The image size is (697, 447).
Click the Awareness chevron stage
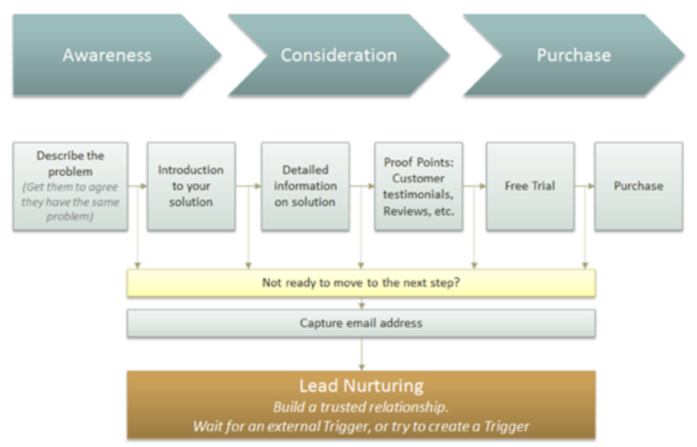tap(106, 55)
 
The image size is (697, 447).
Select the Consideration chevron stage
tap(338, 55)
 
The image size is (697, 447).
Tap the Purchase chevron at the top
tap(573, 55)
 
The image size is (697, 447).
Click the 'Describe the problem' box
tap(70, 186)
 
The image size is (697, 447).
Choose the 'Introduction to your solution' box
tap(191, 186)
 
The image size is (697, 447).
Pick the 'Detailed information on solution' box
tap(305, 186)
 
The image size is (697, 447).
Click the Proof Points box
tap(418, 186)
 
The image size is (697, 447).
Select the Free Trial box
tap(529, 186)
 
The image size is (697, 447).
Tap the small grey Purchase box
tap(638, 186)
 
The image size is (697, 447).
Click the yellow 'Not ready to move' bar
tap(361, 283)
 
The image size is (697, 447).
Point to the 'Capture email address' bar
tap(361, 323)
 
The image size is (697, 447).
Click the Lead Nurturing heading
tap(361, 386)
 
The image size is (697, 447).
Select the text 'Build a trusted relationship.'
tap(361, 407)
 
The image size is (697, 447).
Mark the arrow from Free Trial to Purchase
tap(584, 186)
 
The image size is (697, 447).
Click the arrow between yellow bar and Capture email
tap(361, 303)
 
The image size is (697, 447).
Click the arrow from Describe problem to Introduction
tap(137, 186)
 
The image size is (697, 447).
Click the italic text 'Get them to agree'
tap(70, 187)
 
